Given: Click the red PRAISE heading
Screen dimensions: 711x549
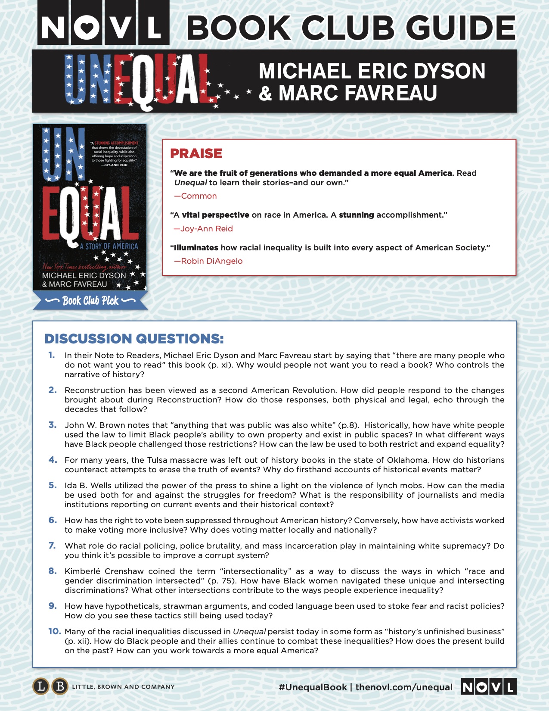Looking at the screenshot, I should [x=196, y=153].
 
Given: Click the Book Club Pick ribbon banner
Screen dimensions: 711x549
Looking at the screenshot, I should [x=90, y=300].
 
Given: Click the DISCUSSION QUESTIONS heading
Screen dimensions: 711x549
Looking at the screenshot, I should [x=134, y=339].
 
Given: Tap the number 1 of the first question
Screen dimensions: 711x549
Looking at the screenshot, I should [x=52, y=355].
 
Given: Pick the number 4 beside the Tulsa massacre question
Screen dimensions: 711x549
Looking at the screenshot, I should [x=53, y=460].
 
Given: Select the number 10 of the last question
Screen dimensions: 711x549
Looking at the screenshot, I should [x=54, y=631].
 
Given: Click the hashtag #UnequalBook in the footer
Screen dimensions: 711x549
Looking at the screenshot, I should [x=313, y=687].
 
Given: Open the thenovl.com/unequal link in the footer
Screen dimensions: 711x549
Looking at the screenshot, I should [x=404, y=687].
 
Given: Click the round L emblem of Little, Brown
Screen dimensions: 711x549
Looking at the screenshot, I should [x=41, y=686].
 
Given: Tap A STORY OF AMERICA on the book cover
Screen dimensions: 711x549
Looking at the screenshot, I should [x=109, y=246].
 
